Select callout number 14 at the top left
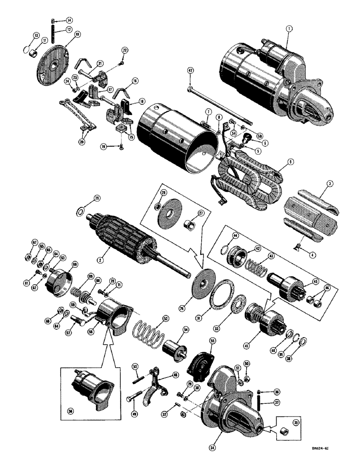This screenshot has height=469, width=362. coord(69,20)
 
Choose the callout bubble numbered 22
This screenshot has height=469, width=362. coord(125,50)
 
